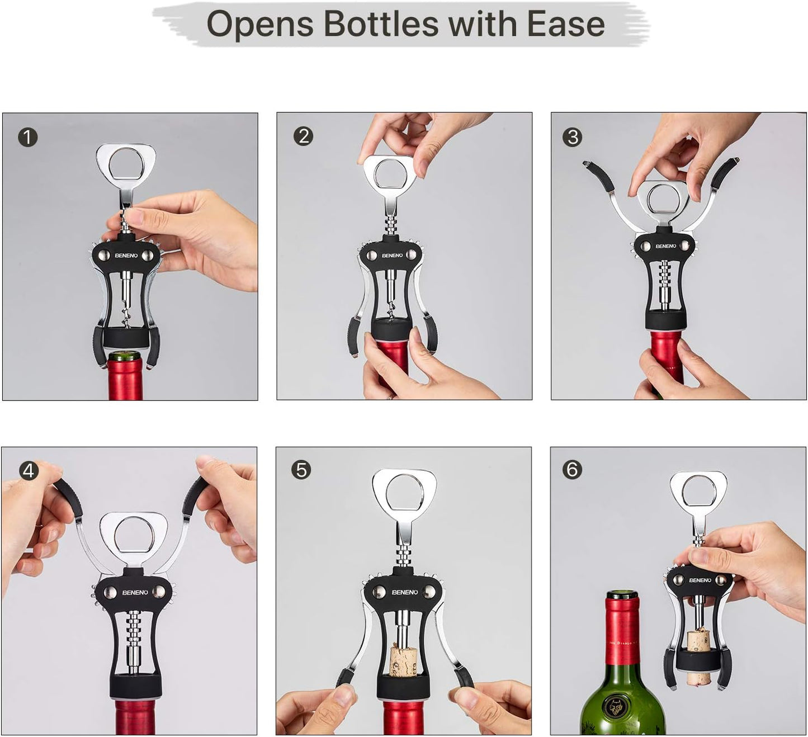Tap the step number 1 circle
coord(27,137)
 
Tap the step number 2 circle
coord(303,136)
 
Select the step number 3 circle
coord(572,137)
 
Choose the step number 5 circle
coord(301,470)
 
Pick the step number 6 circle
coord(571,469)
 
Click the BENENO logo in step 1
coord(126,256)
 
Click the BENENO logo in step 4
coord(135,592)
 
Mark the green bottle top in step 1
coord(125,356)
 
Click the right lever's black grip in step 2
coord(431,334)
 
